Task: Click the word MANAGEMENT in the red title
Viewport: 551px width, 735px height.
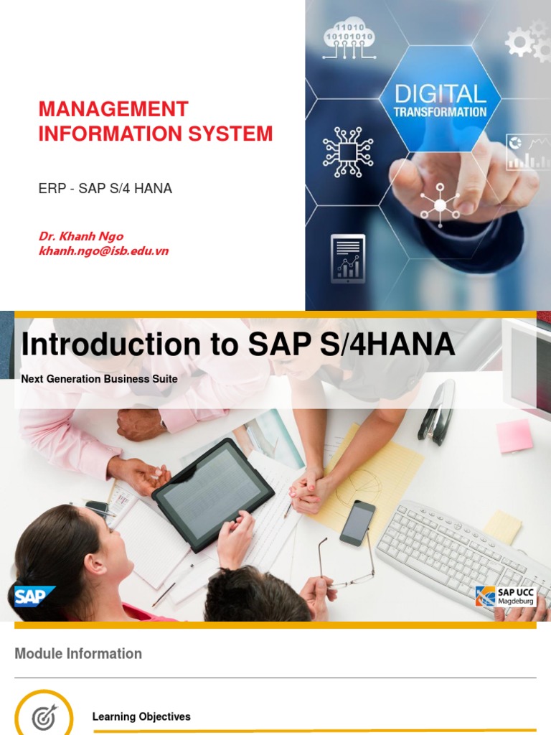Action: point(113,109)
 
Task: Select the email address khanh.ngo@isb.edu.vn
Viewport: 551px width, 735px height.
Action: point(103,251)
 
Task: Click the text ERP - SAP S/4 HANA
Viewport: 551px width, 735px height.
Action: point(105,189)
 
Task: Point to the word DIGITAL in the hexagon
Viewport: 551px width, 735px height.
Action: point(440,93)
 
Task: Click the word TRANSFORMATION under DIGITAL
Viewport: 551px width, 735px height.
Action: point(440,112)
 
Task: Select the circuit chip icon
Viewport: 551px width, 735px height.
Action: point(348,151)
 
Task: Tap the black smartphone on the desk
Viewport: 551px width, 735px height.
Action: point(357,523)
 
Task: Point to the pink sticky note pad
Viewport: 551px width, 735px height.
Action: point(515,436)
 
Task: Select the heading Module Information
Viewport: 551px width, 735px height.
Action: point(78,654)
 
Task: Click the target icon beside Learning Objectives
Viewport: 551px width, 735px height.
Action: point(44,716)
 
